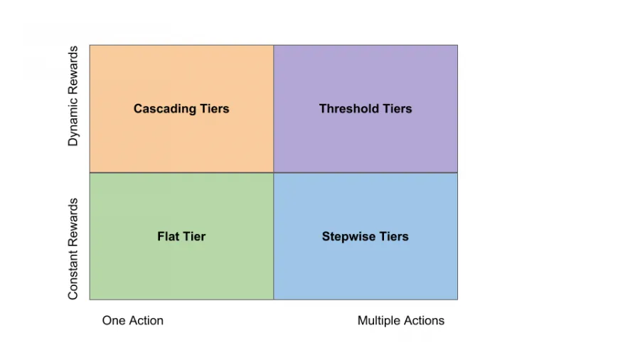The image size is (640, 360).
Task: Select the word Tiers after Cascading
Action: (213, 109)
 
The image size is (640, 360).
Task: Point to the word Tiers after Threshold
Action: (397, 109)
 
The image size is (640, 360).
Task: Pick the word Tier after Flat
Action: (194, 236)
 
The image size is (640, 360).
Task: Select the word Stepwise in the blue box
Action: (348, 236)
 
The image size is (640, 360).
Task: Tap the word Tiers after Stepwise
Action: (393, 236)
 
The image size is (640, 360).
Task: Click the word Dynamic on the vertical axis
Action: (73, 121)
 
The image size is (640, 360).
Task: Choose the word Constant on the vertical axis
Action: (73, 273)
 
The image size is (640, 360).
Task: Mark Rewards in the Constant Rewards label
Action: (73, 221)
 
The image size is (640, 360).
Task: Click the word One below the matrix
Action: (113, 320)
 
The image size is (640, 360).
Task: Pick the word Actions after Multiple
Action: (425, 320)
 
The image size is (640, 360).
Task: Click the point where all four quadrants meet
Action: (274, 172)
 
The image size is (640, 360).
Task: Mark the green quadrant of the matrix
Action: (181, 270)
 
